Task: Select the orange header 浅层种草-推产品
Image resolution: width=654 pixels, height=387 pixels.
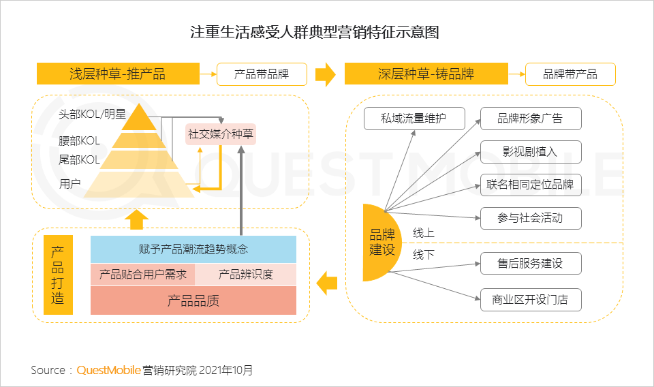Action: (x=117, y=74)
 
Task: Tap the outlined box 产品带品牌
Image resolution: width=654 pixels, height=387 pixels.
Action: (x=262, y=74)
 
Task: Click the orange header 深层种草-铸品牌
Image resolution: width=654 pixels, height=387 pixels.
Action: (x=426, y=74)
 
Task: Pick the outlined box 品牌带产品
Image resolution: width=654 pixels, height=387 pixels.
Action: (x=570, y=74)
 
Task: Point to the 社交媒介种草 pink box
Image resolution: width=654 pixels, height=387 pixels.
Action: (x=221, y=134)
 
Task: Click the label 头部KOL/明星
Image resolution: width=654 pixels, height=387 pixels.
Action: (x=93, y=115)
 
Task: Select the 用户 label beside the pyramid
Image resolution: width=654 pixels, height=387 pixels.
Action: (x=70, y=183)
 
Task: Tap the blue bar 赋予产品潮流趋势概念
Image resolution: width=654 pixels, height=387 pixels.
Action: (x=193, y=249)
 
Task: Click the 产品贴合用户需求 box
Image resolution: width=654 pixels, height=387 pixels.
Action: (x=143, y=275)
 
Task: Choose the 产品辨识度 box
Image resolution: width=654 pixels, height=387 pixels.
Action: (x=246, y=275)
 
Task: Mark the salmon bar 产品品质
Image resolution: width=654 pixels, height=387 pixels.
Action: (x=193, y=300)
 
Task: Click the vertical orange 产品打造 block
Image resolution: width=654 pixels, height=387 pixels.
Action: (x=58, y=275)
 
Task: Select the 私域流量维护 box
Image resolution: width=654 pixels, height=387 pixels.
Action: (x=414, y=119)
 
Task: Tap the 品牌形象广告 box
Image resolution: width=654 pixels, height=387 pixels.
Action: (x=531, y=119)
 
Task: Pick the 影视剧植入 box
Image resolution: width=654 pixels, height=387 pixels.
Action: (x=531, y=152)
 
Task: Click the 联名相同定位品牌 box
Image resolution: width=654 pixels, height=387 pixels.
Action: (x=531, y=185)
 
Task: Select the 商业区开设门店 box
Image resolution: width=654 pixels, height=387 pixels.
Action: (x=531, y=299)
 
